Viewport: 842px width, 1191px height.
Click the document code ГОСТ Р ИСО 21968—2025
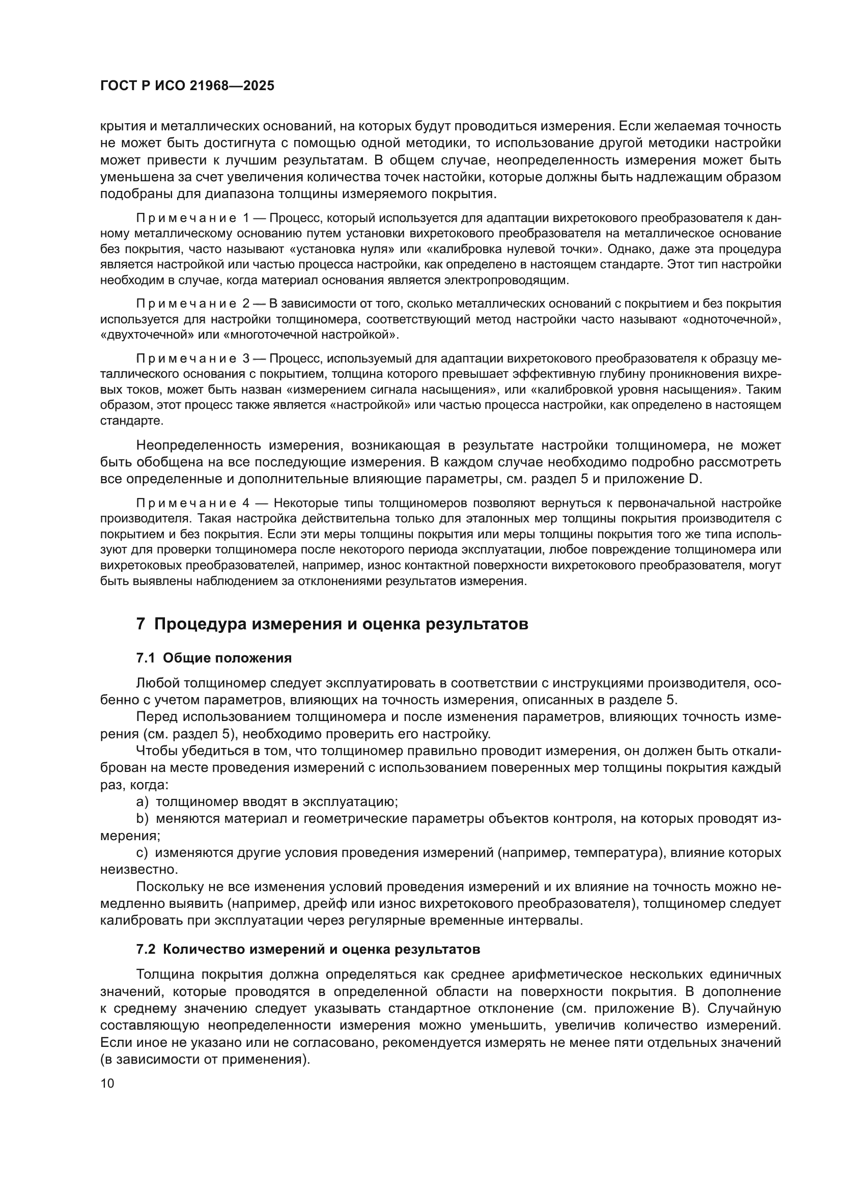click(187, 86)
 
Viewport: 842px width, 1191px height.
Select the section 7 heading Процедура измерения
click(332, 624)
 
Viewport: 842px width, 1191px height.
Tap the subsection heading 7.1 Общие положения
click(214, 658)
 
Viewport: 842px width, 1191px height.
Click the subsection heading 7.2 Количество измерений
click(308, 950)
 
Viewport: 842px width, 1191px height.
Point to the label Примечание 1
click(193, 218)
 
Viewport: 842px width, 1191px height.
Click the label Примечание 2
click(193, 303)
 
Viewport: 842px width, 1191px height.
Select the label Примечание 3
click(193, 358)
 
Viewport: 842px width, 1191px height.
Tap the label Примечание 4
click(193, 503)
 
